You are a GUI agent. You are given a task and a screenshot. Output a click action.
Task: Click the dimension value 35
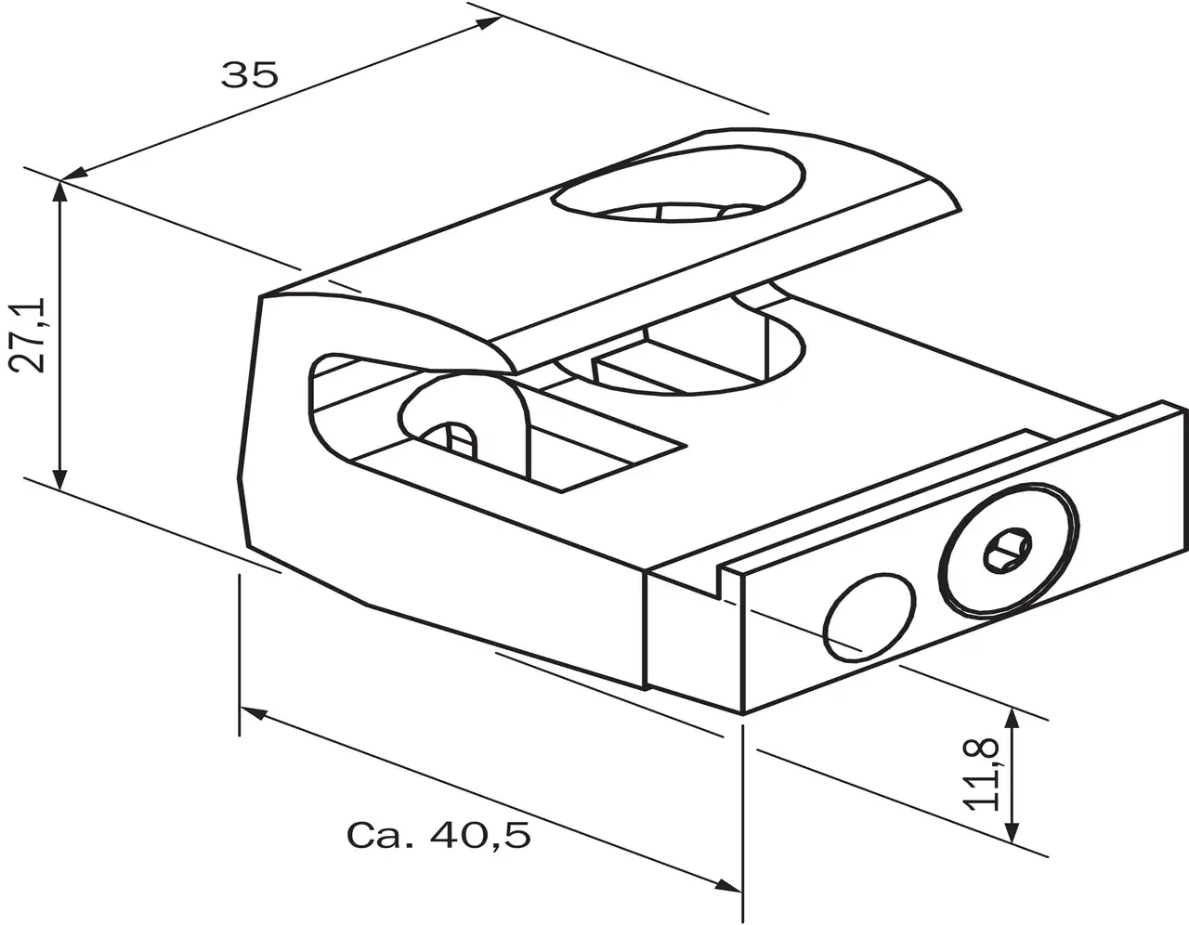[x=249, y=73]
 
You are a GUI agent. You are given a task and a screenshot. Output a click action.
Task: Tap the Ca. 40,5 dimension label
[x=438, y=835]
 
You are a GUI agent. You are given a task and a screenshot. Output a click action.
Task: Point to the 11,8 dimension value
[x=982, y=774]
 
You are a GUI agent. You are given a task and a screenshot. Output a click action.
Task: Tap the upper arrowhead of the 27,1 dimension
[x=60, y=190]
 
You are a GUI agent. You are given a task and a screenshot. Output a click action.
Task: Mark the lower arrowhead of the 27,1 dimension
[x=60, y=479]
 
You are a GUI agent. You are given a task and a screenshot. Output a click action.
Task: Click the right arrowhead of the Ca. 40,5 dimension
[x=730, y=885]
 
